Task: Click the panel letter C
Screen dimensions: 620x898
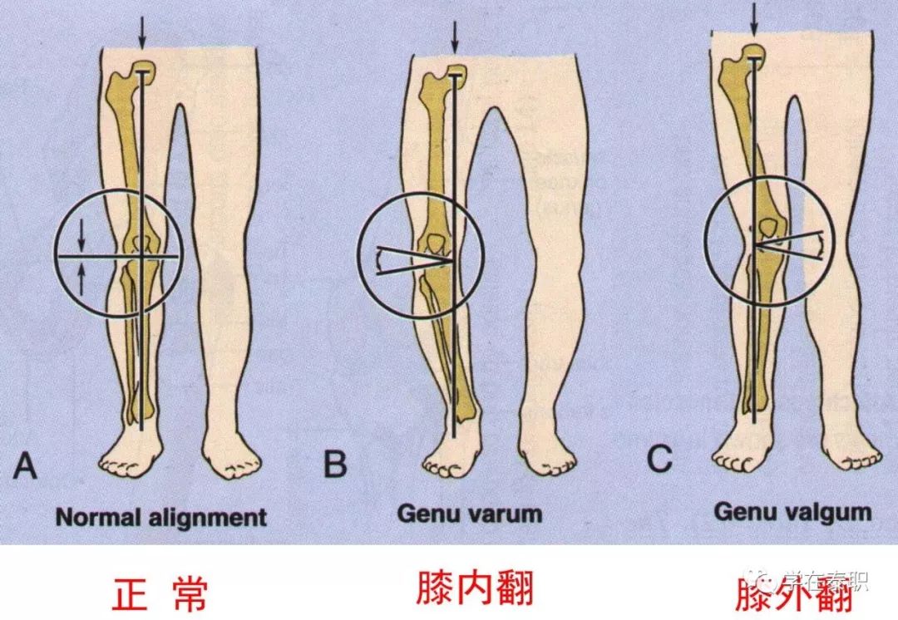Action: tap(659, 459)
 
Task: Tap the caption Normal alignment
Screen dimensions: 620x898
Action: tap(161, 517)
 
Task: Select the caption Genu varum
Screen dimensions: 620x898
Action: tap(469, 514)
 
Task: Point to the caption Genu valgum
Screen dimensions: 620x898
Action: tap(792, 512)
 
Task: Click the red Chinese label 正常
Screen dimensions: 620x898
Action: tap(159, 592)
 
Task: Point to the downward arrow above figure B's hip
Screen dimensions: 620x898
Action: tap(454, 35)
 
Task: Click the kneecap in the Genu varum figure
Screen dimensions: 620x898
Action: tap(436, 243)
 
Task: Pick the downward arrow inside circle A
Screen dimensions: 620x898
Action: tap(81, 237)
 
